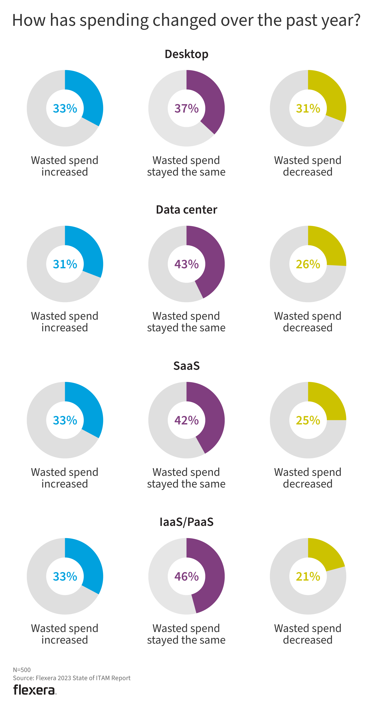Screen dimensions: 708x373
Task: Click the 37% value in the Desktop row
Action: pos(186,108)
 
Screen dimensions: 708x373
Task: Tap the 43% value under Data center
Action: pos(186,264)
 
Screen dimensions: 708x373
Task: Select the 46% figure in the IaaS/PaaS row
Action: pos(186,576)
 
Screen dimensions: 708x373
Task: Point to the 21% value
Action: pos(308,576)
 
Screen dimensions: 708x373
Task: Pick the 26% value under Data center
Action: pos(308,264)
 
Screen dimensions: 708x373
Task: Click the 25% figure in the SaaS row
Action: pos(308,420)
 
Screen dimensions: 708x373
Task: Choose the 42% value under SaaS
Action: pos(186,420)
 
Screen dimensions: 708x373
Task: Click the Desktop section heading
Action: pos(186,54)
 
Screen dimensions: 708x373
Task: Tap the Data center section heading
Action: pos(186,210)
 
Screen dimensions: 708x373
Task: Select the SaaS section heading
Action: pos(186,366)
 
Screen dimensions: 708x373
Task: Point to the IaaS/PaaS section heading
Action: pos(186,522)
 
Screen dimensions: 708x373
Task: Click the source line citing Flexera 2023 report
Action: pos(72,678)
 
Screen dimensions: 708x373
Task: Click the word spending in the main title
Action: pos(114,20)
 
